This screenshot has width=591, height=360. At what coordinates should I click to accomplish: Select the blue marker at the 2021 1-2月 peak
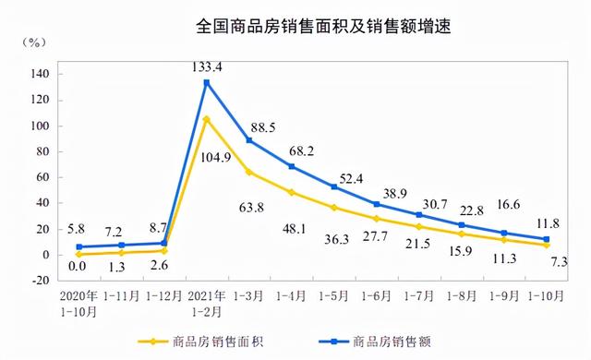tap(207, 82)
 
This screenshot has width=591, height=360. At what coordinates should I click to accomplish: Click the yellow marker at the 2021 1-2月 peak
tap(207, 119)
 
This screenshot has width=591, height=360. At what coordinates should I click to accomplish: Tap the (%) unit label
tap(35, 43)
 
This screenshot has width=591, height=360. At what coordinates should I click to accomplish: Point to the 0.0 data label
tap(80, 267)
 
